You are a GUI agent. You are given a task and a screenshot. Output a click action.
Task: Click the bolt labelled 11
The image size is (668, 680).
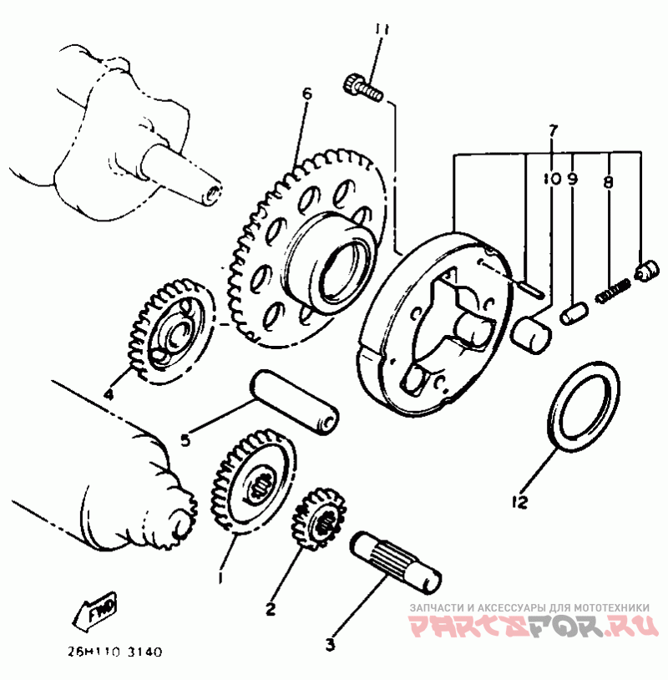pos(362,87)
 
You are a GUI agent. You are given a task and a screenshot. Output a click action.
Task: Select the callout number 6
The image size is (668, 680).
pos(306,94)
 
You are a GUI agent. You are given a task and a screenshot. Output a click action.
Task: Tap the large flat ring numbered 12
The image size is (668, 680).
pos(585,403)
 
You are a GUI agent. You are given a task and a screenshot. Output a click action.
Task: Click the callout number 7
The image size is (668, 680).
pos(552,130)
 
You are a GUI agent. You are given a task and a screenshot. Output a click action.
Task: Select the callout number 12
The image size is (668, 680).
pos(519,502)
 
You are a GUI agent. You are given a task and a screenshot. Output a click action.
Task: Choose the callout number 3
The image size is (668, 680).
pos(330,645)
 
